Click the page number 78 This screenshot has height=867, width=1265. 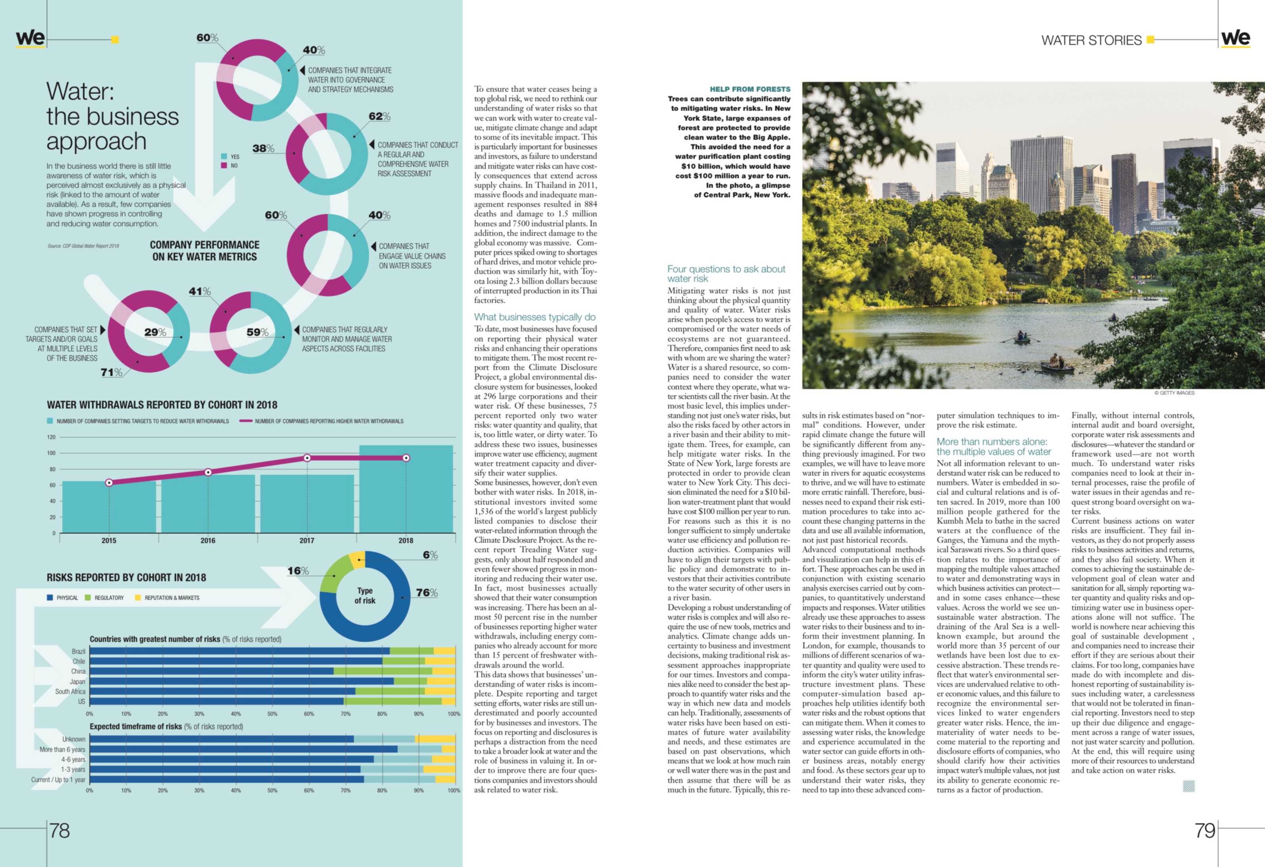[60, 830]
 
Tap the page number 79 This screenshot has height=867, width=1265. [1205, 830]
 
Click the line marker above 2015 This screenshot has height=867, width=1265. [109, 482]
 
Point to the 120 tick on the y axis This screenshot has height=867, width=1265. [51, 437]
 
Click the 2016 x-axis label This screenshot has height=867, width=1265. [208, 540]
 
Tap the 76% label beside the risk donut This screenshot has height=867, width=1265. [427, 593]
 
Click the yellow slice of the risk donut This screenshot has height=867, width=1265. [358, 559]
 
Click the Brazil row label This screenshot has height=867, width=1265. [79, 651]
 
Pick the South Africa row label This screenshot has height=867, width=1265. [70, 692]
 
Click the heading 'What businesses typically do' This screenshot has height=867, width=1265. [534, 317]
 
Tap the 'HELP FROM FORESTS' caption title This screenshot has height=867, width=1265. [750, 89]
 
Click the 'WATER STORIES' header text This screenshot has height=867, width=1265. [1091, 40]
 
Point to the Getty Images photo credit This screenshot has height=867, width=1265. [1174, 393]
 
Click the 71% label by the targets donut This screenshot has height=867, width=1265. [112, 372]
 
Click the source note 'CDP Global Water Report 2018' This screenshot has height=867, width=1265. [83, 246]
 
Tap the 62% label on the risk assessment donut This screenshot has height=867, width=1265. [379, 117]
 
